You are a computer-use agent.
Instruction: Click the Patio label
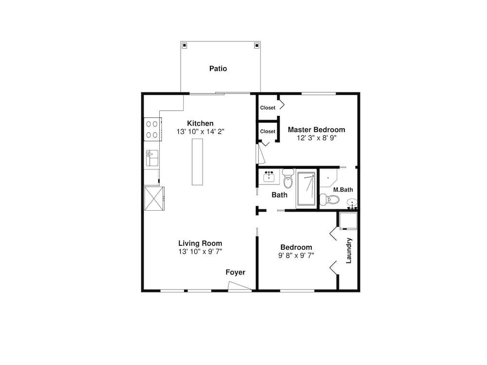[x=218, y=69]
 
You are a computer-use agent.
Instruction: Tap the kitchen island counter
[x=197, y=162]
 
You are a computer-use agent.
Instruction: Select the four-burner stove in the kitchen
[x=152, y=129]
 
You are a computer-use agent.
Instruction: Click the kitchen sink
[x=152, y=158]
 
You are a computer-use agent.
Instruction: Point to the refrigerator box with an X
[x=154, y=199]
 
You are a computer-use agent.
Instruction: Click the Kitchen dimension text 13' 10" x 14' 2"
[x=200, y=131]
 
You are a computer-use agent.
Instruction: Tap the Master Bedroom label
[x=317, y=130]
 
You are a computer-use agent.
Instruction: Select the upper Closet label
[x=268, y=108]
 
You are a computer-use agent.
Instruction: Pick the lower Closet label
[x=268, y=131]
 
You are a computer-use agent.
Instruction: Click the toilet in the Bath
[x=288, y=179]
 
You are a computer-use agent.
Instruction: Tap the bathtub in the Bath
[x=306, y=189]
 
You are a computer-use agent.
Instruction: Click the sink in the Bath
[x=269, y=177]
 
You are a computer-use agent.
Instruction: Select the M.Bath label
[x=343, y=190]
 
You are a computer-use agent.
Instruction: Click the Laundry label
[x=349, y=251]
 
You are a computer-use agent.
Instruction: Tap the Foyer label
[x=235, y=272]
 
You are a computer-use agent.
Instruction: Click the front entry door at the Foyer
[x=240, y=287]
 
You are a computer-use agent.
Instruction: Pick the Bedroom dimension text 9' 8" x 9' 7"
[x=296, y=255]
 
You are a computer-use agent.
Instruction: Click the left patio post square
[x=185, y=46]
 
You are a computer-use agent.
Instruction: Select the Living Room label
[x=200, y=243]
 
